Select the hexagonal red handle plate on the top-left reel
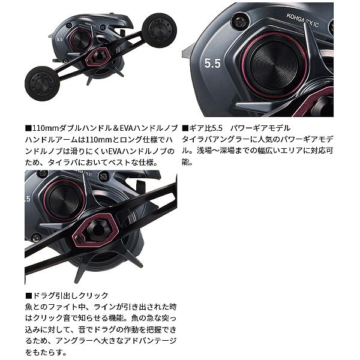pos(97,59)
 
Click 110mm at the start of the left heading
pos(44,128)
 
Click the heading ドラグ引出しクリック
pos(69,296)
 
